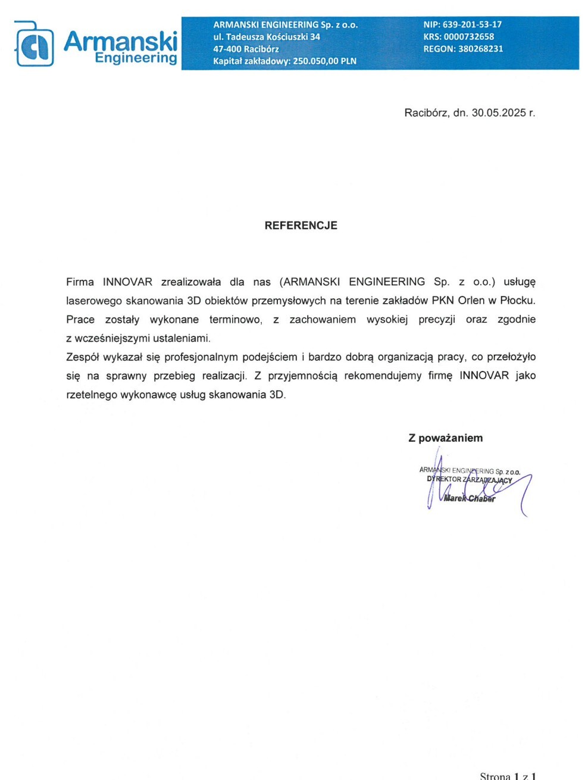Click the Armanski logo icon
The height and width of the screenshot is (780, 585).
click(x=35, y=45)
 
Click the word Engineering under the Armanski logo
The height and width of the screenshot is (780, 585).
click(x=136, y=58)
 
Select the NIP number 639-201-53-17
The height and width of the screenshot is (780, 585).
click(x=472, y=24)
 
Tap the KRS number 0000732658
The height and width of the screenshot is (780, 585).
click(x=468, y=36)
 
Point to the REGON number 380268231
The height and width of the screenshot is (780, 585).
click(x=480, y=49)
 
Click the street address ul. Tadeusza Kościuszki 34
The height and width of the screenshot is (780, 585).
click(x=267, y=37)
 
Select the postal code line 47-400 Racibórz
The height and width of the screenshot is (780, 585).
click(x=246, y=49)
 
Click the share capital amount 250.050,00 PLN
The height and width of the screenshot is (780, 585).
click(x=324, y=61)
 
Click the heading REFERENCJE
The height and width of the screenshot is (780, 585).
click(x=301, y=226)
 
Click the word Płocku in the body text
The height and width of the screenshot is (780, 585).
click(x=517, y=300)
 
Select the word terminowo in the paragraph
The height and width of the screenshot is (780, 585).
click(x=235, y=319)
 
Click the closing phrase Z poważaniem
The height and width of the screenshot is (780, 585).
click(x=445, y=438)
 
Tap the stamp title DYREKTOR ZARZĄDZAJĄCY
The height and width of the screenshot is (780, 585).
click(x=469, y=480)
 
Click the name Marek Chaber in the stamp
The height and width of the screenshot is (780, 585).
click(x=470, y=498)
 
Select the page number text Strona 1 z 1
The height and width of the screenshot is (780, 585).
click(x=508, y=776)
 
